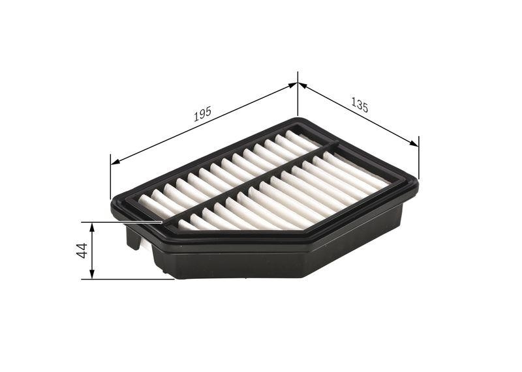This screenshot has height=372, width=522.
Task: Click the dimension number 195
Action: point(202,115)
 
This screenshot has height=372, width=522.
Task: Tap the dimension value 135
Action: point(360,104)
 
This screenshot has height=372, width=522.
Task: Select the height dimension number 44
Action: point(82,250)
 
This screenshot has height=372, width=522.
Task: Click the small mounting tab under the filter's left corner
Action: point(133,241)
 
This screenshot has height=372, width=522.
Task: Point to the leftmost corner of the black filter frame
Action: point(114,207)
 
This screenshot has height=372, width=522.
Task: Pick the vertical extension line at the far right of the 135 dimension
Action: point(418,156)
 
